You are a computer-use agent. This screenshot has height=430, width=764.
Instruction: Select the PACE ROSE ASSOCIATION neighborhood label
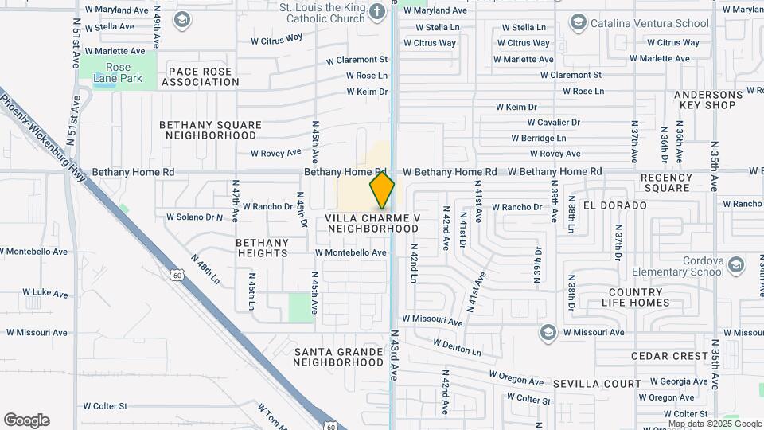click(199, 76)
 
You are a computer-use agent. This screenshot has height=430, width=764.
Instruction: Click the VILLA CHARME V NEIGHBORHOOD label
click(372, 223)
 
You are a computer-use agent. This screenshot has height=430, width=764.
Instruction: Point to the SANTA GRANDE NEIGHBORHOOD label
click(338, 357)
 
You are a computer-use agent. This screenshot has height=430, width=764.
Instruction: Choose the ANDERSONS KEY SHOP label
click(708, 100)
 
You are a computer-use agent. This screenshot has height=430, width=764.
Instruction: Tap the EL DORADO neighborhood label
click(615, 205)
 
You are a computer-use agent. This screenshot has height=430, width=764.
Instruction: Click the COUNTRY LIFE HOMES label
click(634, 297)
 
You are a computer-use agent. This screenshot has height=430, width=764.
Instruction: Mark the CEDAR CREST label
click(669, 356)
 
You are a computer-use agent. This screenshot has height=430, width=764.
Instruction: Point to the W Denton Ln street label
click(458, 347)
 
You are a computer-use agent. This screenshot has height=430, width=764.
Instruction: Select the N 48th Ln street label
click(205, 269)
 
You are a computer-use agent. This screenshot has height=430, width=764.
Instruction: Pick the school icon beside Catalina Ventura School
click(578, 21)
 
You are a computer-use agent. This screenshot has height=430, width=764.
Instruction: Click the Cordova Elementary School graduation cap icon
click(736, 264)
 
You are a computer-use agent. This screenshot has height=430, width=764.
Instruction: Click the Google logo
click(26, 420)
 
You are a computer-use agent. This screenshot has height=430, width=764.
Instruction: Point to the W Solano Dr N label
click(194, 217)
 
